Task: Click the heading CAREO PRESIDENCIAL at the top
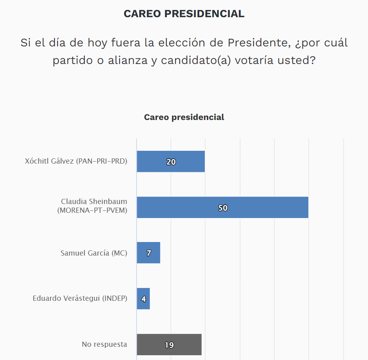[x=184, y=14]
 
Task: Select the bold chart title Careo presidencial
[x=184, y=117]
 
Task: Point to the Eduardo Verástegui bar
[x=146, y=299]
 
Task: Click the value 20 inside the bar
[x=171, y=162]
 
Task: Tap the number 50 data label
[x=223, y=208]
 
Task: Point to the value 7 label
[x=148, y=253]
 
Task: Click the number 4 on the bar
[x=143, y=299]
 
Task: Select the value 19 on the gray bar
[x=169, y=345]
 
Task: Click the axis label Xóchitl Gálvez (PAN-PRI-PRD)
[x=76, y=162]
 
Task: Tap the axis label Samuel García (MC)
[x=94, y=253]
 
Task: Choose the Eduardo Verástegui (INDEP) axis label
[x=80, y=298]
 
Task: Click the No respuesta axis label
[x=104, y=344]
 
